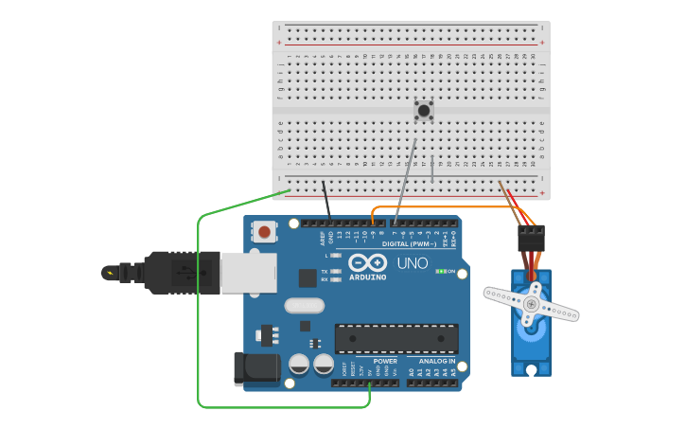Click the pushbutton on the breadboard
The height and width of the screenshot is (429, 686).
click(x=424, y=111)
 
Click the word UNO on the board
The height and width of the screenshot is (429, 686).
click(x=412, y=263)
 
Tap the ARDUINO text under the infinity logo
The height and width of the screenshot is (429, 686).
click(x=367, y=277)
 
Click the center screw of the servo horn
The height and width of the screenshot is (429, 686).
click(x=531, y=304)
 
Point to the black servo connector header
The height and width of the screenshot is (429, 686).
click(x=531, y=238)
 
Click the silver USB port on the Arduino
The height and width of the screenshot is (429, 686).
click(x=249, y=272)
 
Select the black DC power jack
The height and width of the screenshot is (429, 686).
click(x=255, y=368)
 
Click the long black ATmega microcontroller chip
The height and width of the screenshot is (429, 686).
click(x=396, y=339)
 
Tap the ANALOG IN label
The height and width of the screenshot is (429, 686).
click(x=437, y=361)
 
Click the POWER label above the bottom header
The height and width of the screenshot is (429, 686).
click(x=385, y=361)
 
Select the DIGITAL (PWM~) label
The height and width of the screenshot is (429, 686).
click(x=409, y=243)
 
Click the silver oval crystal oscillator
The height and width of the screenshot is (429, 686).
click(x=304, y=306)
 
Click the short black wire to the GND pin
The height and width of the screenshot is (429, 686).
click(x=326, y=201)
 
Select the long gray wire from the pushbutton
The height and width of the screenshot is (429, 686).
click(x=406, y=180)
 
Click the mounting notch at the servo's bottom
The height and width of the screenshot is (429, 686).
click(x=531, y=369)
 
